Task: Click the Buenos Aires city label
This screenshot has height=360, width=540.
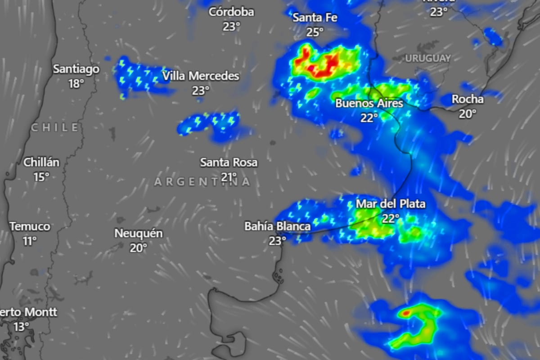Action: coord(369,103)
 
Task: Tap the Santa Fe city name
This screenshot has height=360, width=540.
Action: coord(315,18)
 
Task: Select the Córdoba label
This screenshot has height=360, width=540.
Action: coord(231,12)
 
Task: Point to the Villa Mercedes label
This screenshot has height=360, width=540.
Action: coord(201,76)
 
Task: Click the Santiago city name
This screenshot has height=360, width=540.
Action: coord(76,69)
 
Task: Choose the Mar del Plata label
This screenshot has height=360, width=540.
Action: coord(390,204)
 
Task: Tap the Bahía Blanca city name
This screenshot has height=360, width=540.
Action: coord(277,226)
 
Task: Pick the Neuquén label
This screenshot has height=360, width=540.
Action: coord(139,234)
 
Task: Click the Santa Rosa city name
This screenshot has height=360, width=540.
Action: coord(229,162)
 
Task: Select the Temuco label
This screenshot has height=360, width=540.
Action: coord(30,226)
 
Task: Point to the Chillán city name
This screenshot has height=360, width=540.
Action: coord(41,162)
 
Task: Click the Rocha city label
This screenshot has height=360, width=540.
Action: coord(468,99)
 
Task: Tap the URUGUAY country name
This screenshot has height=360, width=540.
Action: coord(427,58)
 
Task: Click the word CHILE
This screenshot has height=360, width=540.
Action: coord(55,128)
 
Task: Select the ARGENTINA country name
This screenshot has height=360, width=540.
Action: coord(202,182)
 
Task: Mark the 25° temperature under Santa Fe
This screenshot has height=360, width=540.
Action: coord(315,32)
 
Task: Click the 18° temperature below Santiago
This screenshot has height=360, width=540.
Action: coord(76,84)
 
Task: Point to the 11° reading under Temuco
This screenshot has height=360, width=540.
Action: coord(30,241)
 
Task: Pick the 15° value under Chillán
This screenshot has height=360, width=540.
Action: coord(41,177)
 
